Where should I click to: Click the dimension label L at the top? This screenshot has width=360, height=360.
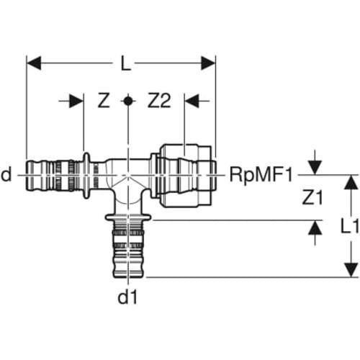tap(126, 63)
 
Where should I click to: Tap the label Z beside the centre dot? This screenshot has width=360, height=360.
tap(104, 101)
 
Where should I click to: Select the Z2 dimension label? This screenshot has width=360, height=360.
tap(159, 101)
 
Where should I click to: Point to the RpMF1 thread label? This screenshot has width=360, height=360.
tap(261, 175)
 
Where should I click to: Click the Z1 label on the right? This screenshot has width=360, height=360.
tap(312, 198)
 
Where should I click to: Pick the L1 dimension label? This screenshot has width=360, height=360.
tap(349, 227)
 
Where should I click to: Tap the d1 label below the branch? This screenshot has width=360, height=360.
tap(127, 297)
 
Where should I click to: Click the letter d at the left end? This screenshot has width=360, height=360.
tap(6, 174)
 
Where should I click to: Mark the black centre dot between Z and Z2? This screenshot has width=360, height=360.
tap(127, 101)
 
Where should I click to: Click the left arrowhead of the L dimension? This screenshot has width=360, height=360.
tap(34, 63)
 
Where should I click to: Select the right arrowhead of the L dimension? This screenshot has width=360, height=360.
tap(208, 63)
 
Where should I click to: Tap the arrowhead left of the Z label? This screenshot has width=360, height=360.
tap(76, 101)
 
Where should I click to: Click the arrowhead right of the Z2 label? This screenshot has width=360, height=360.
tap(192, 101)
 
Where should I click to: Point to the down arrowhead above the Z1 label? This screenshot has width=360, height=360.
tap(315, 167)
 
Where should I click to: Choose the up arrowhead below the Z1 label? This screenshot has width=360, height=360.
tap(315, 228)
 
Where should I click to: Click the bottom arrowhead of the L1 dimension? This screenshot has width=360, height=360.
tap(351, 270)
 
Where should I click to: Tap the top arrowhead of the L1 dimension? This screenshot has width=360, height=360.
tap(351, 182)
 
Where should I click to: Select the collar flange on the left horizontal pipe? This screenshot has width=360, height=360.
tap(86, 176)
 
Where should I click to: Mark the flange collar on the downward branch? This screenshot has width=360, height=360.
tap(128, 217)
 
